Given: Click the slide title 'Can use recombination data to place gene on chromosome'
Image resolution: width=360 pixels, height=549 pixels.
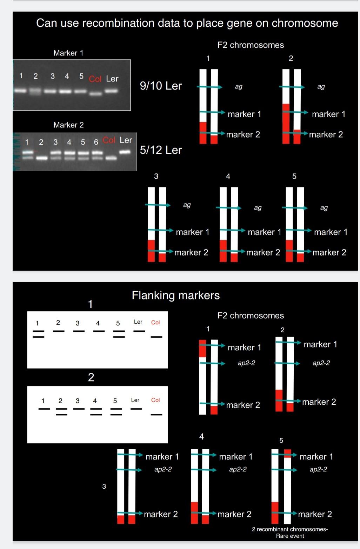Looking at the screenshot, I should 187,23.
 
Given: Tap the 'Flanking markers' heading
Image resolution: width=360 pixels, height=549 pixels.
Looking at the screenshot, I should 175,295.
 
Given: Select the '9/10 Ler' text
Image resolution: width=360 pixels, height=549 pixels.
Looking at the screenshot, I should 161,86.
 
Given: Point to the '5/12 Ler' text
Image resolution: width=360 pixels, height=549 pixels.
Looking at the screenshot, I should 161,150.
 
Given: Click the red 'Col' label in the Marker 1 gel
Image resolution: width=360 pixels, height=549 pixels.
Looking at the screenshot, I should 95,79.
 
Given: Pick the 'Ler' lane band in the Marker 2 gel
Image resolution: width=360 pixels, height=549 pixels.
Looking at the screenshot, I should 125,152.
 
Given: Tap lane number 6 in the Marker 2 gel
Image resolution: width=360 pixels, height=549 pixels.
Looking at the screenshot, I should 96,142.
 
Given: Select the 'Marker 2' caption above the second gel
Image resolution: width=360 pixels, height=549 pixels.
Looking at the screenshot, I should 68,125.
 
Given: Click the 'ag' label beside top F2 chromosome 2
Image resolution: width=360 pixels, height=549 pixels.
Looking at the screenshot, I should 321,86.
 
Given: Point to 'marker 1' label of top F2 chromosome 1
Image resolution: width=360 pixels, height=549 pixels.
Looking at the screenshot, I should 244,114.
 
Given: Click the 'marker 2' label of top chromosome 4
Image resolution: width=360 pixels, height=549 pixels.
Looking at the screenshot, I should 263,252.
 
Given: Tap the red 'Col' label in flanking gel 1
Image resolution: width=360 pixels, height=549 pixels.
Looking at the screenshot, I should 155,322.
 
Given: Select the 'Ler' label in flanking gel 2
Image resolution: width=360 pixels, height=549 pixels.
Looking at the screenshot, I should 135,400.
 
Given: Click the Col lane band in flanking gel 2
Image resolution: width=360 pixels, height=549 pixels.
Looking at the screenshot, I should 156,415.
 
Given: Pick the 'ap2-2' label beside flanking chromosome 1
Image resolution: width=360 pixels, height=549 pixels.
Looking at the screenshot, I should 246,363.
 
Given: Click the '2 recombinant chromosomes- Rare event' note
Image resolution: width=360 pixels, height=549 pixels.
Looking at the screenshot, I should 290,533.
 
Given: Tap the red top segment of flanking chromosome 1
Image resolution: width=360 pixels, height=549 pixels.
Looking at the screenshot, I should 202,348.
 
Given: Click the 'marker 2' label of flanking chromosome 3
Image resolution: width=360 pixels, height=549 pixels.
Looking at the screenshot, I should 161,514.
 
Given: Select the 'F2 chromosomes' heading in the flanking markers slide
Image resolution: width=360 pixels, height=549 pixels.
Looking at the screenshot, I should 251,316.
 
